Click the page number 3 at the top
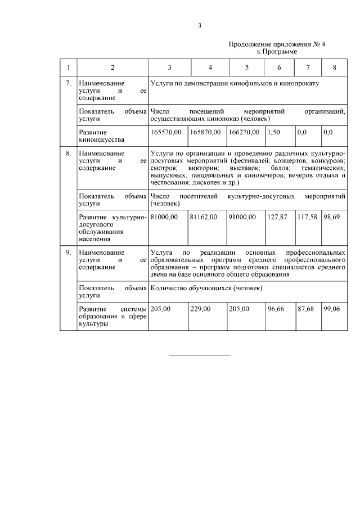(199, 25)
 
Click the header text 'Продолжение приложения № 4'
(269, 44)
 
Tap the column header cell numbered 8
(334, 67)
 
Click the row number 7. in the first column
(69, 83)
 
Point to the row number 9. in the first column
(69, 253)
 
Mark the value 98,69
(332, 217)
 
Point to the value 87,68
(306, 309)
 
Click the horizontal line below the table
(200, 355)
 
